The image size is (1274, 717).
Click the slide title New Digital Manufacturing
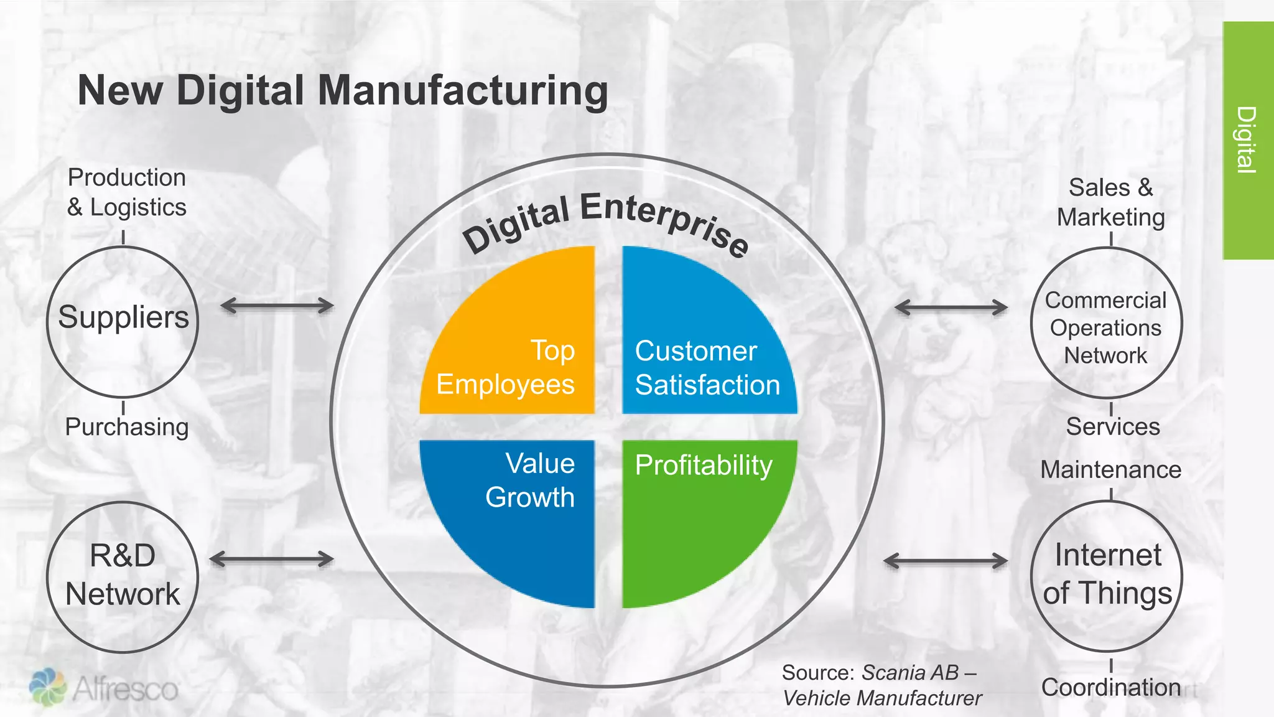tap(342, 91)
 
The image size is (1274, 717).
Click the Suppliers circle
tap(123, 321)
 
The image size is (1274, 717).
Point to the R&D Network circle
tap(123, 576)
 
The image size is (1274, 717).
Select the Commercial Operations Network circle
tap(1105, 322)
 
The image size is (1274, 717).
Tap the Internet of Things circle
tap(1107, 575)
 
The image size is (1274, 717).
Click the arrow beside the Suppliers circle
tap(277, 306)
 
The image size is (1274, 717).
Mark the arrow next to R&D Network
tap(272, 559)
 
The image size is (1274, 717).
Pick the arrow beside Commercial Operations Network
tap(951, 307)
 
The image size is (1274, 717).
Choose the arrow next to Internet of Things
tap(946, 561)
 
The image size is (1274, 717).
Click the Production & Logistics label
tap(127, 192)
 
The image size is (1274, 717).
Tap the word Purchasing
tap(127, 427)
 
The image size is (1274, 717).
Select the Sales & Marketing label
tap(1110, 202)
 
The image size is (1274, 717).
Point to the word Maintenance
tap(1110, 470)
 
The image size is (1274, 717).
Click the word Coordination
tap(1111, 687)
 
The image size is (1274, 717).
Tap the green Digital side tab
tap(1247, 140)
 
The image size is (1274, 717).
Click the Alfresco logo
tap(104, 688)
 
